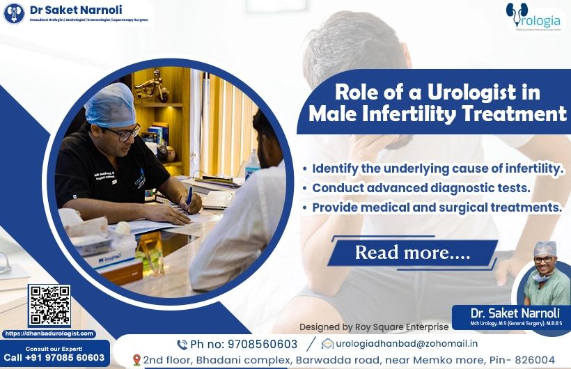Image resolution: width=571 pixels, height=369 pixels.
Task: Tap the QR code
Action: point(49,306)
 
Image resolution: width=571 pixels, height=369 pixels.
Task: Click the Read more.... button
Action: point(412,252)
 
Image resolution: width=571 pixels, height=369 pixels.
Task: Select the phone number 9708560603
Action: point(264,344)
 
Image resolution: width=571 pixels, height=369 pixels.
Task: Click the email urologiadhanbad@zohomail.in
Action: point(406,344)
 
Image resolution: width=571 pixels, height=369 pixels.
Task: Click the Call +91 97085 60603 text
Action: point(54,358)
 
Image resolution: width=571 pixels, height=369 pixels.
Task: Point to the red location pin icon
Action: point(136,360)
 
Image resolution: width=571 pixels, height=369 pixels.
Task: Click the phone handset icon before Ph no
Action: point(182,344)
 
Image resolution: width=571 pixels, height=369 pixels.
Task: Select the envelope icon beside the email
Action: point(327,344)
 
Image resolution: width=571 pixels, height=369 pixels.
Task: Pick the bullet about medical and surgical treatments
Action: point(432,207)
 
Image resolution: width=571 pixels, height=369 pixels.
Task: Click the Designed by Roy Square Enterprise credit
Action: point(373,326)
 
